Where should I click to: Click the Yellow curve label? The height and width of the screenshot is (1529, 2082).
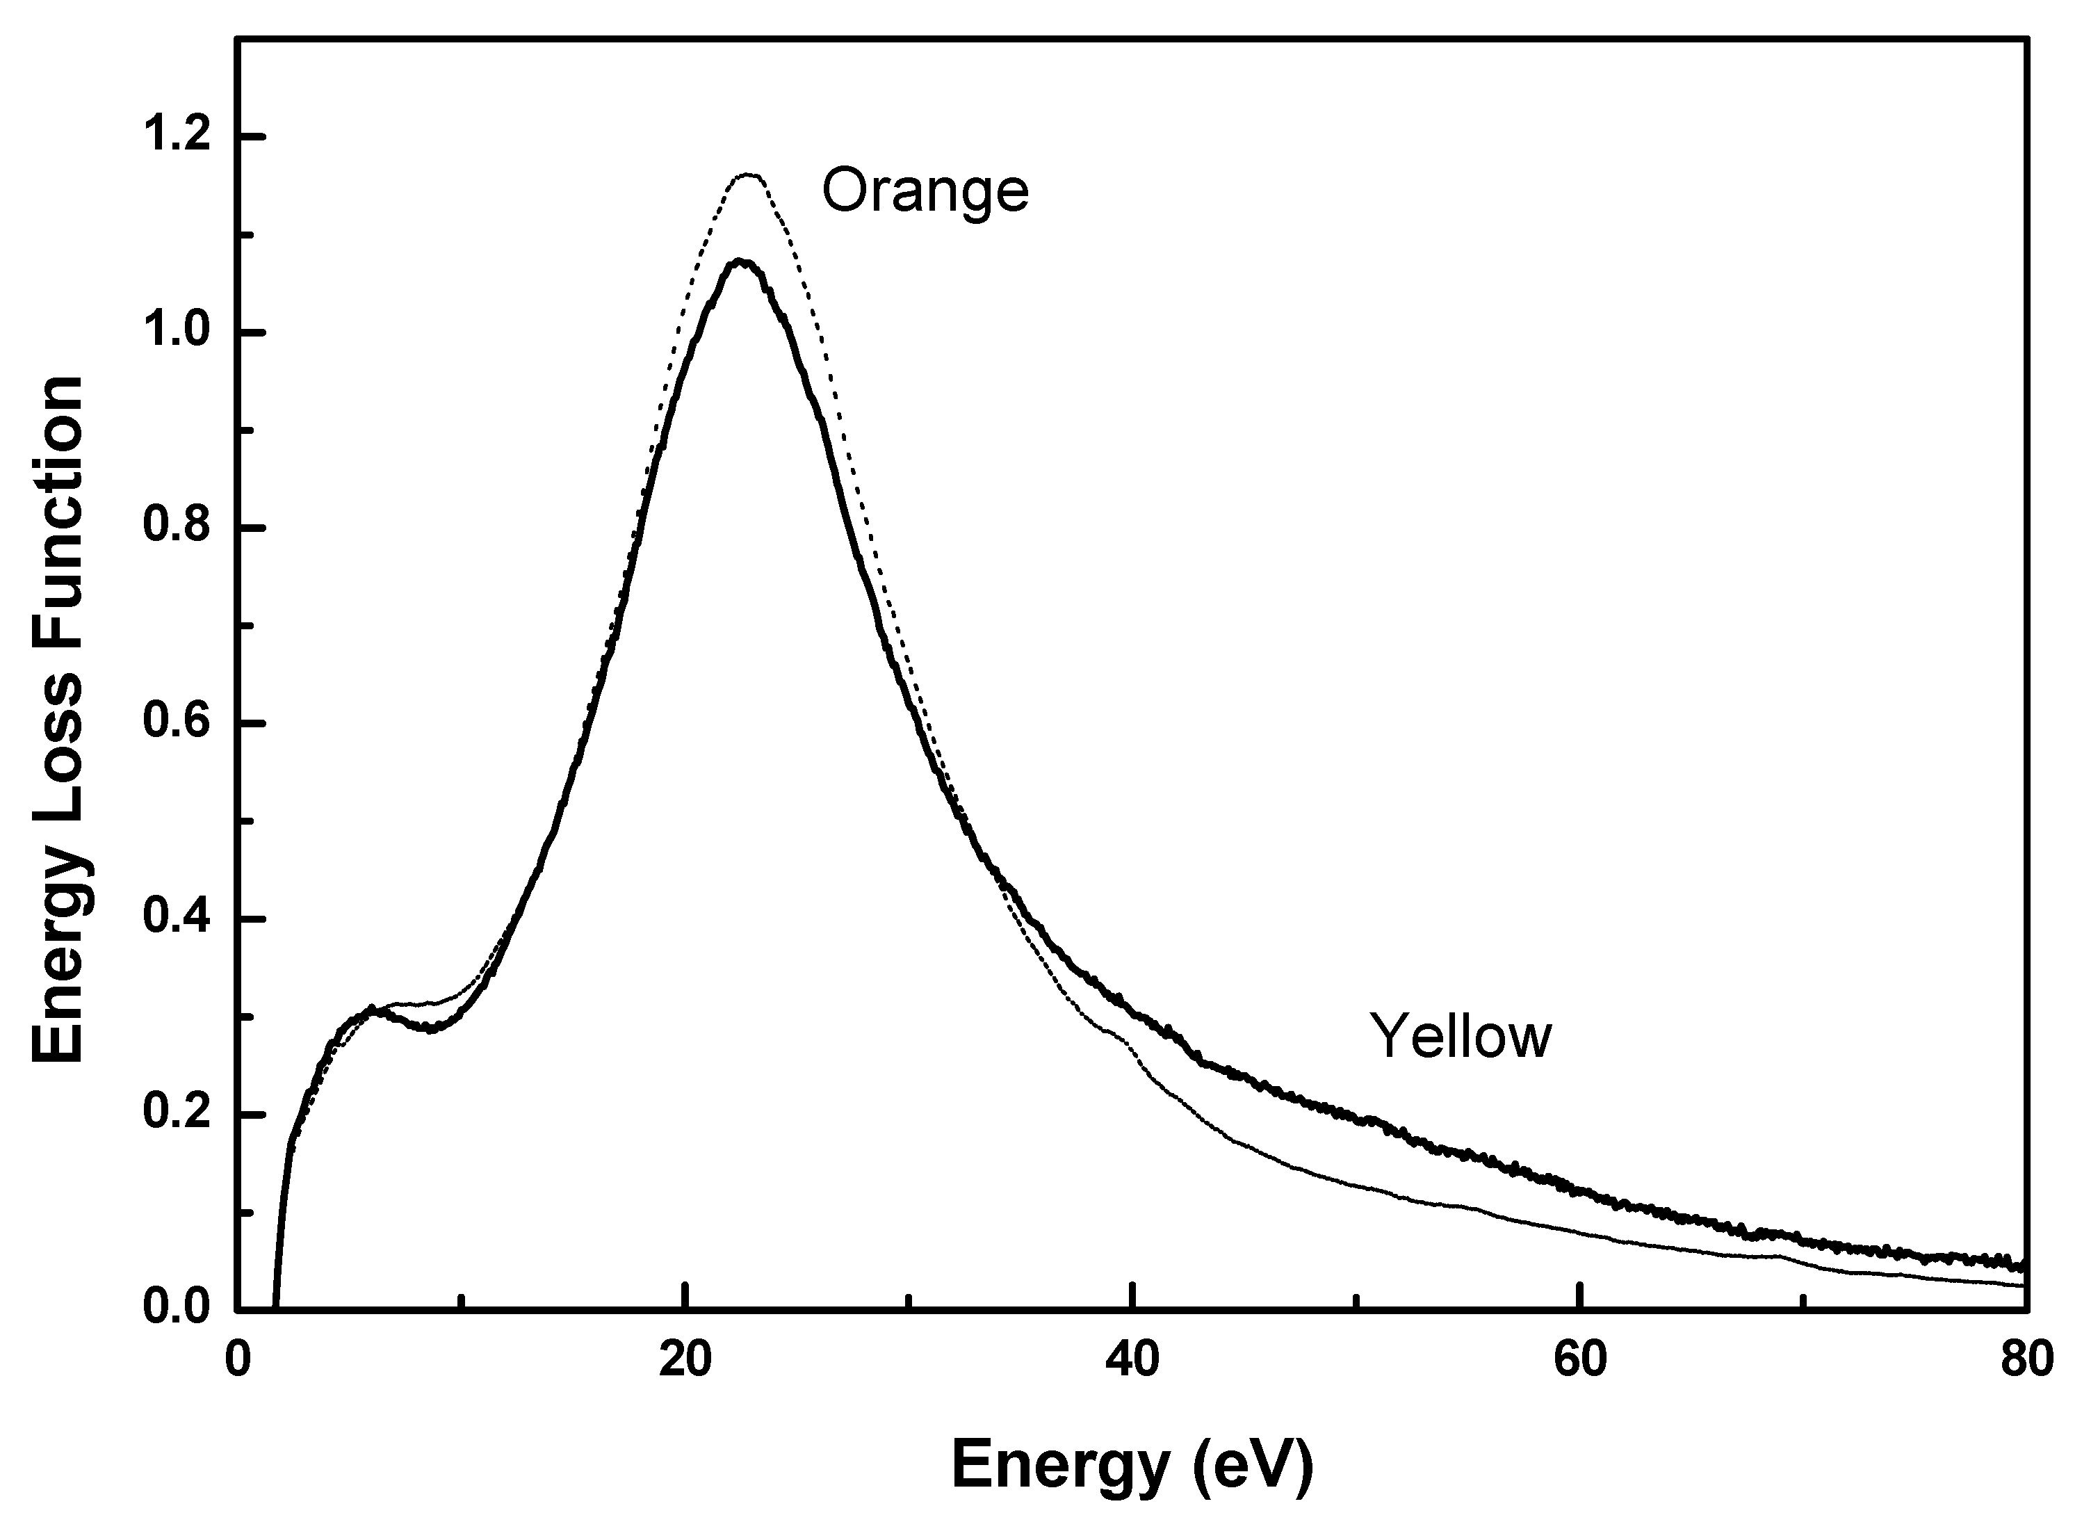[1460, 1037]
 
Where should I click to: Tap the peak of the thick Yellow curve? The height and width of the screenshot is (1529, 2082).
[740, 262]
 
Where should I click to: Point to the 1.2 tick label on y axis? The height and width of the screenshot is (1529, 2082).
[176, 136]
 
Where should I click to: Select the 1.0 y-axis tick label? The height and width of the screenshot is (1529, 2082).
[176, 332]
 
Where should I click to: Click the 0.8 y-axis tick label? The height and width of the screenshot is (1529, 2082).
[176, 528]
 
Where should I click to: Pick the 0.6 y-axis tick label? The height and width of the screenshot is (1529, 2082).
[176, 724]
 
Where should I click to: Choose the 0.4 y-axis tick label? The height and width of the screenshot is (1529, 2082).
[176, 919]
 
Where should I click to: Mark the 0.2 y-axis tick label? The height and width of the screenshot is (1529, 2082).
[176, 1115]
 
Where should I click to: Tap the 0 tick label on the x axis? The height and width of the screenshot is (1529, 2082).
[238, 1361]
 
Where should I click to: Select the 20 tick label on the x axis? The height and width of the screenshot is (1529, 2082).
[685, 1361]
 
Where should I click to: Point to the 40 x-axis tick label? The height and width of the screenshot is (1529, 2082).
[1132, 1361]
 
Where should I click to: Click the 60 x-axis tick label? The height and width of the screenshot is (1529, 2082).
[1579, 1361]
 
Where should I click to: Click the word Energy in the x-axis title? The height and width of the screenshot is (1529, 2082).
[1060, 1465]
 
